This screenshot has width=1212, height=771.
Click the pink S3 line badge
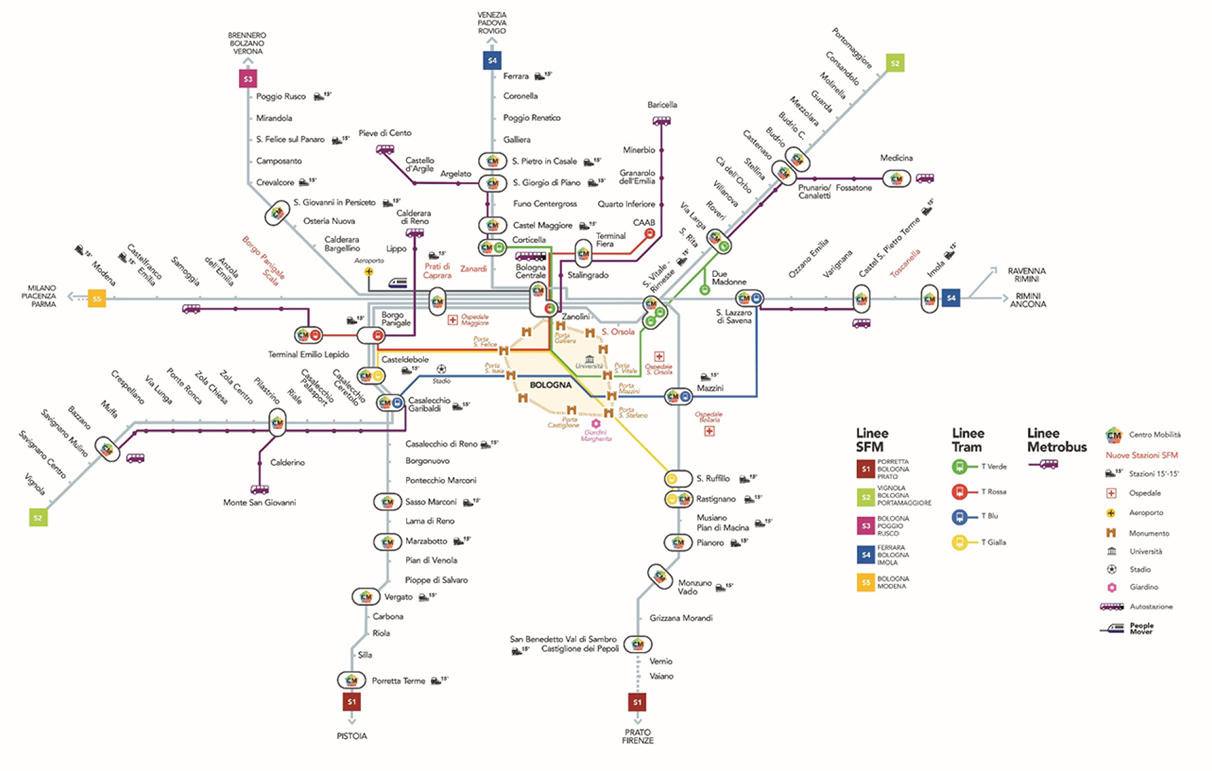248,79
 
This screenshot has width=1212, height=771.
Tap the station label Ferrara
516,76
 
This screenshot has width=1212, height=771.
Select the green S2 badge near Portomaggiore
894,63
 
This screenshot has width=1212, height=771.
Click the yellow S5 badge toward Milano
97,299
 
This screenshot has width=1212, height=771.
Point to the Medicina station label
896,158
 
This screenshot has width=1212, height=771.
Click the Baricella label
662,105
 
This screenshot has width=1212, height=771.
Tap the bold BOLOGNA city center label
550,385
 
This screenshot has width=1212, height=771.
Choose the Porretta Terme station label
398,681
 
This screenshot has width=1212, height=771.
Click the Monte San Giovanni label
259,503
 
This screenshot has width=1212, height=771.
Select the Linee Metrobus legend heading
1057,439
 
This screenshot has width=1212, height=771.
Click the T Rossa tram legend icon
959,492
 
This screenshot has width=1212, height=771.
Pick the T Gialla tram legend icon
959,542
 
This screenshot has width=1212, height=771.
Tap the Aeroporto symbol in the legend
1111,513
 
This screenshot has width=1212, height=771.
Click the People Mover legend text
1141,628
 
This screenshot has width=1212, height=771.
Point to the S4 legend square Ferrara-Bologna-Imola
865,555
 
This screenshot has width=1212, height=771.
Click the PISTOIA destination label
352,736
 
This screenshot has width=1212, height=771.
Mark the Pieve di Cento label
385,133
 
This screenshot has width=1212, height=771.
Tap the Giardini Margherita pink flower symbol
595,423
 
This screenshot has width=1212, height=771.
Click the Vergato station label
398,597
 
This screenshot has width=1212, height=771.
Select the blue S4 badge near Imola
951,298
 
